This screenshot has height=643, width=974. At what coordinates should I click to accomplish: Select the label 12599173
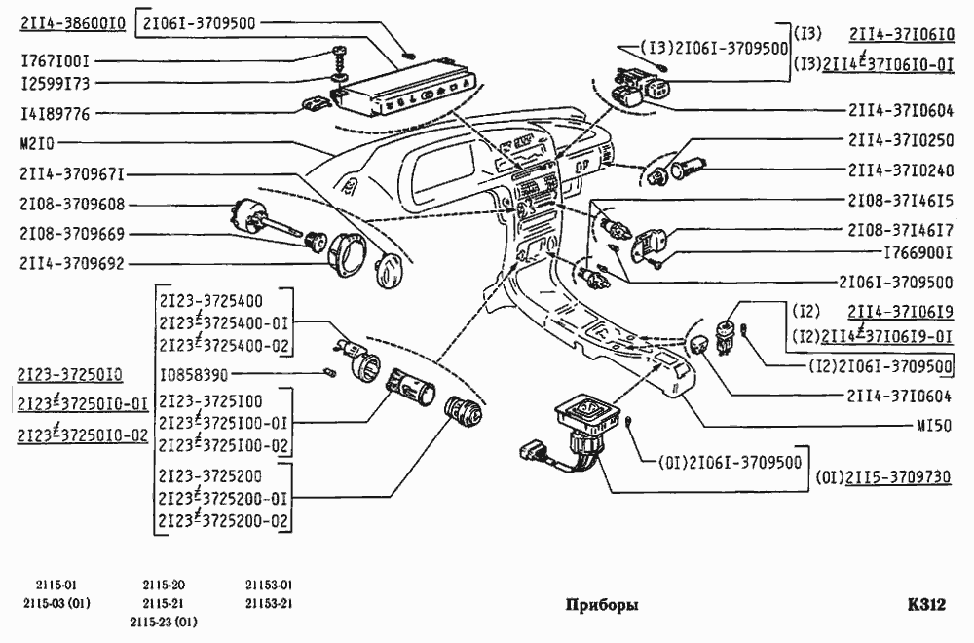coord(56,84)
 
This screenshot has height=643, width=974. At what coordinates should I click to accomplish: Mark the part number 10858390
coord(197,373)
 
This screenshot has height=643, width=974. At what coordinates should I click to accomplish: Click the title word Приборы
coord(602,605)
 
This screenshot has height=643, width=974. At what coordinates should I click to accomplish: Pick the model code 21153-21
coord(269,603)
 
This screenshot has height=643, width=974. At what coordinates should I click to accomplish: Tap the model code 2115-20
coord(164,585)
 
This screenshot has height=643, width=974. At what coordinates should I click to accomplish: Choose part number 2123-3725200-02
coord(224,521)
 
